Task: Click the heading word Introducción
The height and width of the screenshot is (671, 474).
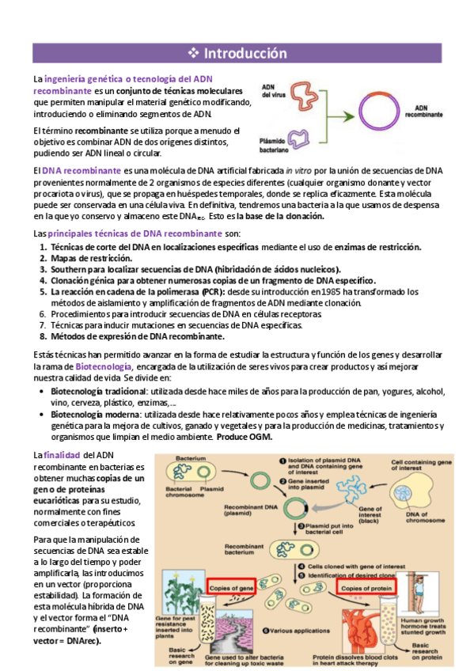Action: (x=245, y=54)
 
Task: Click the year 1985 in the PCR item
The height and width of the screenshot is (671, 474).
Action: (x=320, y=291)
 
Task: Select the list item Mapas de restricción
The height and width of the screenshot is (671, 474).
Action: (x=92, y=258)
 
